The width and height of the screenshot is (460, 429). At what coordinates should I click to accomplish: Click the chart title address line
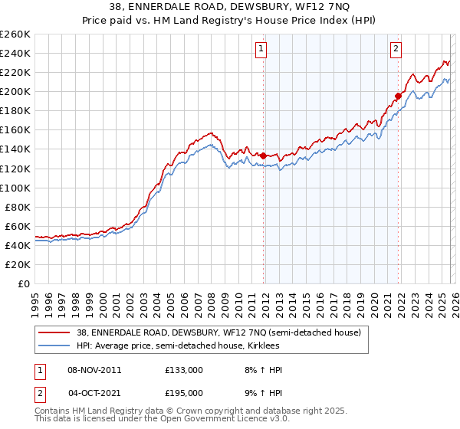pos(230,8)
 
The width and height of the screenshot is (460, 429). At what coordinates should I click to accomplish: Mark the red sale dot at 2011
pos(264,156)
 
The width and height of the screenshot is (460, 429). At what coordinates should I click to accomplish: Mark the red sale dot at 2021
pos(398,96)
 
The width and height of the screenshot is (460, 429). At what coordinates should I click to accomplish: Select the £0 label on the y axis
pos(23,283)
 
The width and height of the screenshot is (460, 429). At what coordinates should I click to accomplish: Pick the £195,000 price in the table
pos(183,392)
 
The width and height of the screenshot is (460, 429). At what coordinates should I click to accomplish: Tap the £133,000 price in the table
pos(183,370)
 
